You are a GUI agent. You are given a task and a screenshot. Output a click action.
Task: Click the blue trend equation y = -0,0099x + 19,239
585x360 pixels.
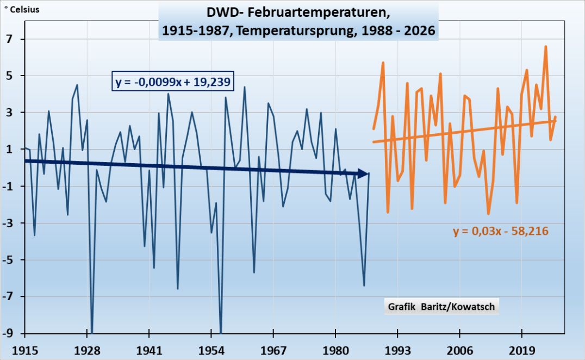coord(173,82)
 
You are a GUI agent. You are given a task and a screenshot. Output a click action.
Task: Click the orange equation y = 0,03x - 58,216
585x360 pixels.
coord(500,231)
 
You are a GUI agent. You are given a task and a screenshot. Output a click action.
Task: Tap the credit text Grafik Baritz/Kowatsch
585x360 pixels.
coord(441,307)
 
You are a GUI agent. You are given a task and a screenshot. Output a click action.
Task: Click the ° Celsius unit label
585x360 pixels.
coord(22,9)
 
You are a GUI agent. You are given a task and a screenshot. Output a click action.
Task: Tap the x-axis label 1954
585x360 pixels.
coord(211,348)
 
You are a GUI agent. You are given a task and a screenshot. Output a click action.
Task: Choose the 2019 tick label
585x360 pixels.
coord(522,348)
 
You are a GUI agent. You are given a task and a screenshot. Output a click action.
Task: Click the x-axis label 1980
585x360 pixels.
coord(335,348)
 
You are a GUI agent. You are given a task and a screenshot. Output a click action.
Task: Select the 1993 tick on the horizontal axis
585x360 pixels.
coord(397,348)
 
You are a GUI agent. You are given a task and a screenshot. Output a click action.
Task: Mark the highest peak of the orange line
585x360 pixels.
coord(546,47)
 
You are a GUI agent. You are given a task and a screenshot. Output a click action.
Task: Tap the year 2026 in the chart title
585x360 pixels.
coord(419,30)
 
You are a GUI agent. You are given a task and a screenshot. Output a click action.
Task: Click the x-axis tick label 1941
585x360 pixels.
coord(149,348)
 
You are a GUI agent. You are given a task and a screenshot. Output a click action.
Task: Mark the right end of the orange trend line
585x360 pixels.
coord(556,121)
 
